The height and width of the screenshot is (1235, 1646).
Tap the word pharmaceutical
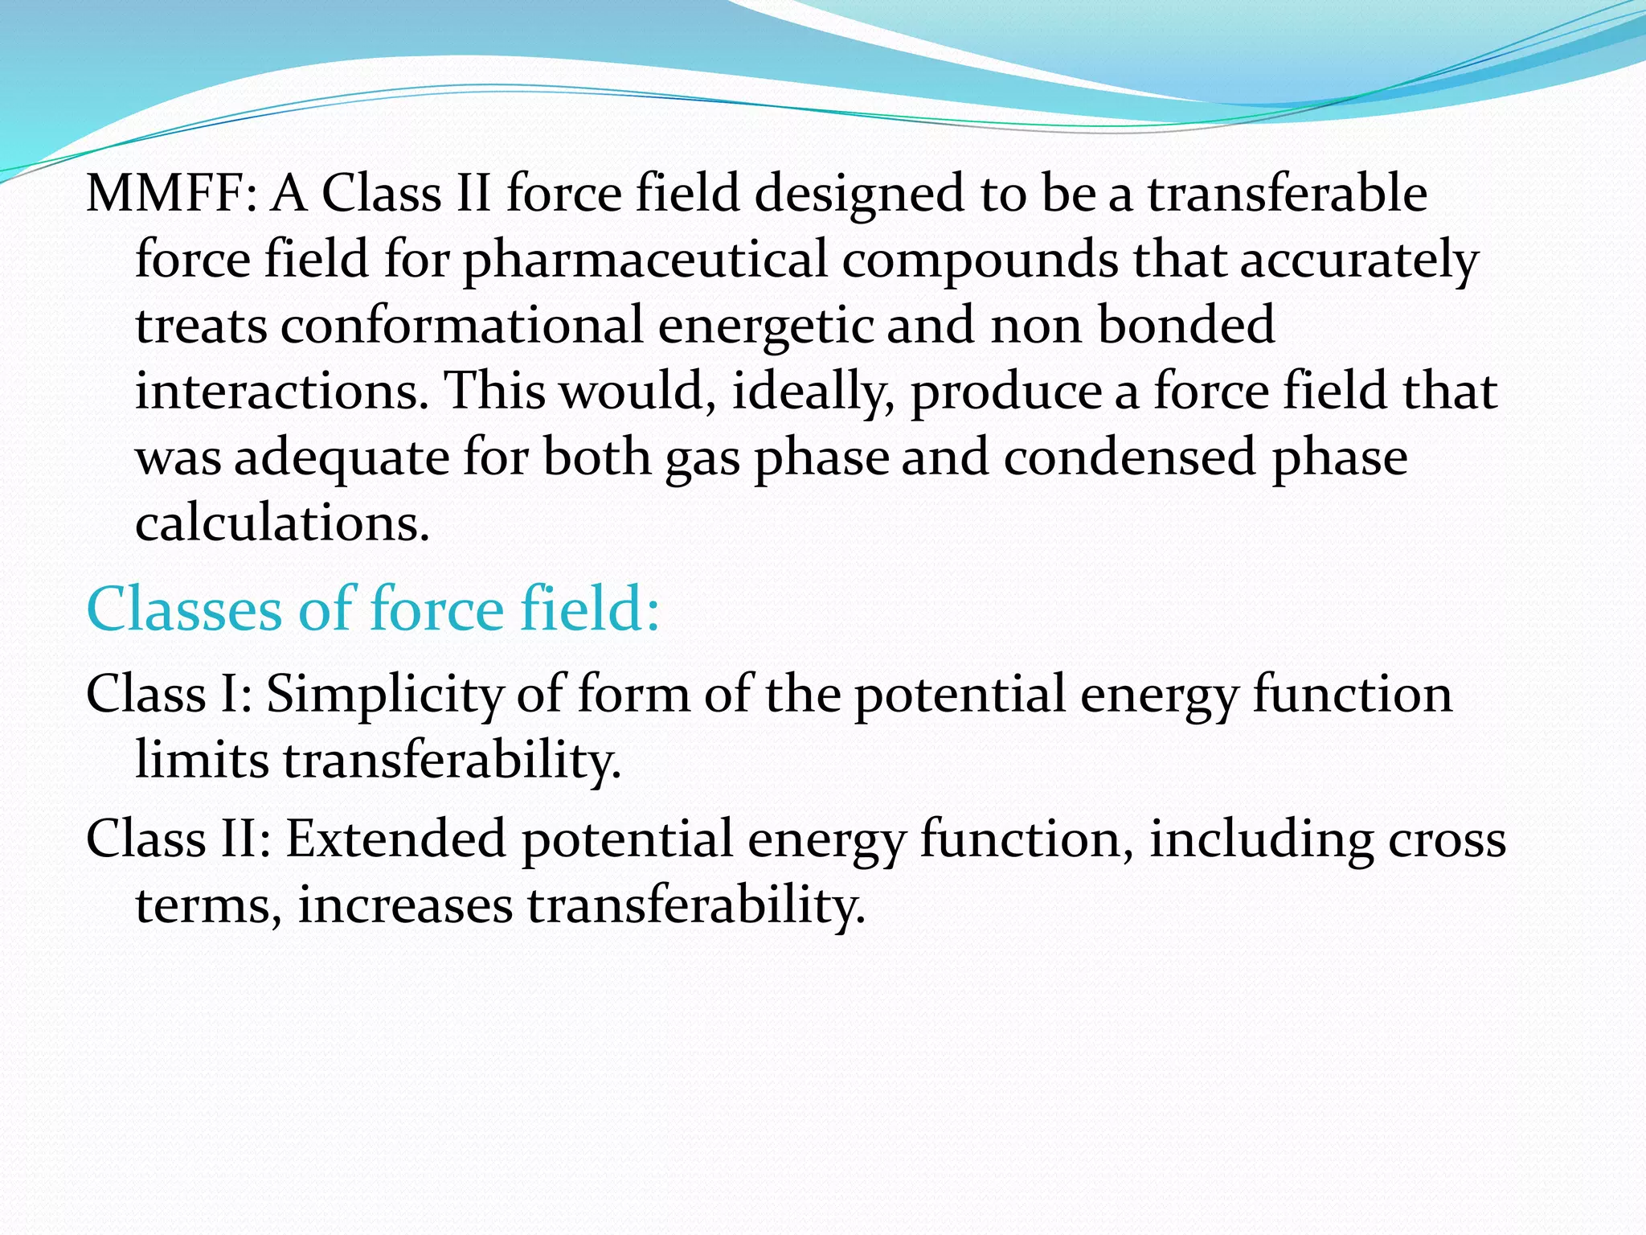645,261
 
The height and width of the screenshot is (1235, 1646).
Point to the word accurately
1359,261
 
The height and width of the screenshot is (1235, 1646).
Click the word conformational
462,326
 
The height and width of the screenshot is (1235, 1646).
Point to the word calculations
282,523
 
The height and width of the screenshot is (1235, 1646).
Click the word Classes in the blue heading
184,609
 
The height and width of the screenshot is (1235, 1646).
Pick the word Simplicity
383,694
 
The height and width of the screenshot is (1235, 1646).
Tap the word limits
202,760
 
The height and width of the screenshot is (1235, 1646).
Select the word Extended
395,839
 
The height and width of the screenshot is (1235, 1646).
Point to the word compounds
980,261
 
